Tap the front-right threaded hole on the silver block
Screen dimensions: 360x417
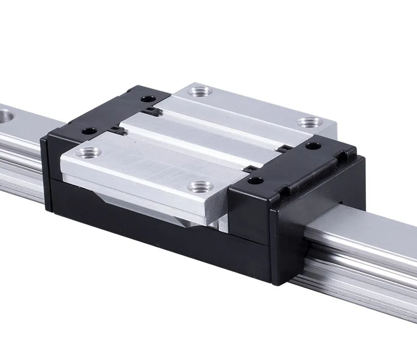click(x=200, y=186)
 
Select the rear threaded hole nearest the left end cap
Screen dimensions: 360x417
click(x=199, y=91)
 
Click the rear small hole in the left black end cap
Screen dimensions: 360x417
click(x=147, y=99)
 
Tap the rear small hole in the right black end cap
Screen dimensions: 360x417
click(x=313, y=146)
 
